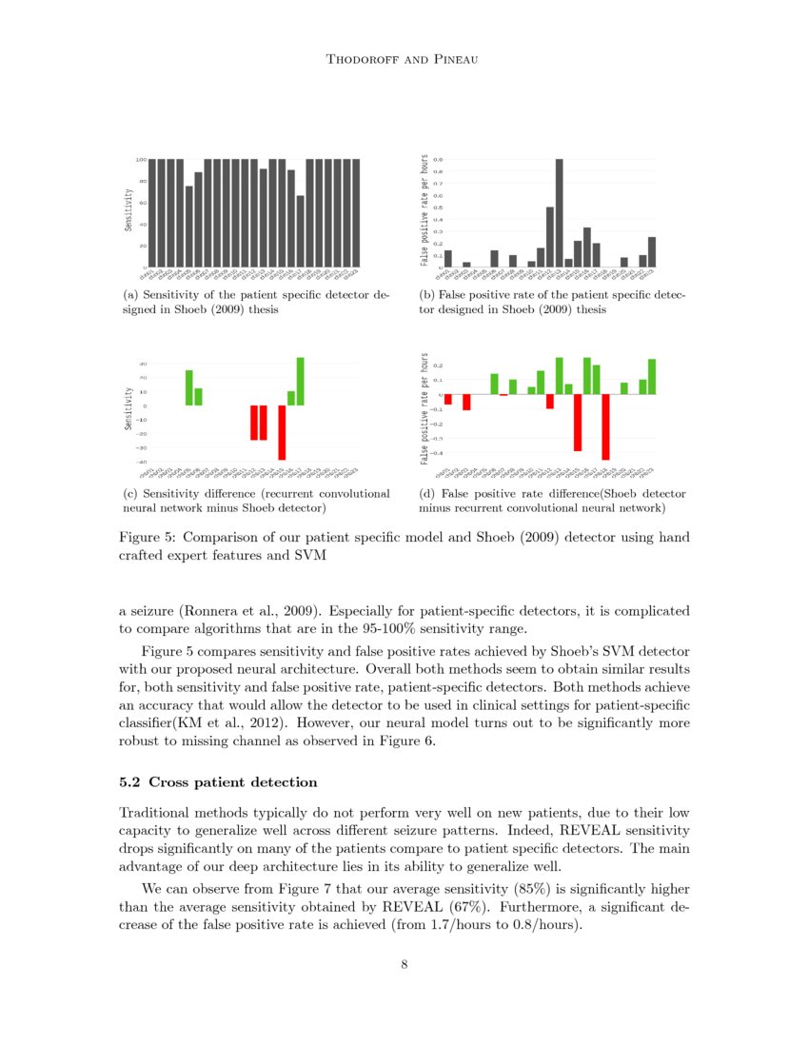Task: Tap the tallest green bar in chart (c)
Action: coord(301,382)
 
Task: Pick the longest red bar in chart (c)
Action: coord(282,433)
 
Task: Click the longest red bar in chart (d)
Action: coord(605,427)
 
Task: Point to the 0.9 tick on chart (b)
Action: coord(437,160)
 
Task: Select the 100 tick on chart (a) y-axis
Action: coord(140,160)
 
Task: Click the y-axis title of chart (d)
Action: coord(424,409)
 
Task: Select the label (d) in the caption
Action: coord(428,494)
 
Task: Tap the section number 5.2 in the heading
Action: coord(129,782)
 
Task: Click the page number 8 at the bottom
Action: coord(404,964)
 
